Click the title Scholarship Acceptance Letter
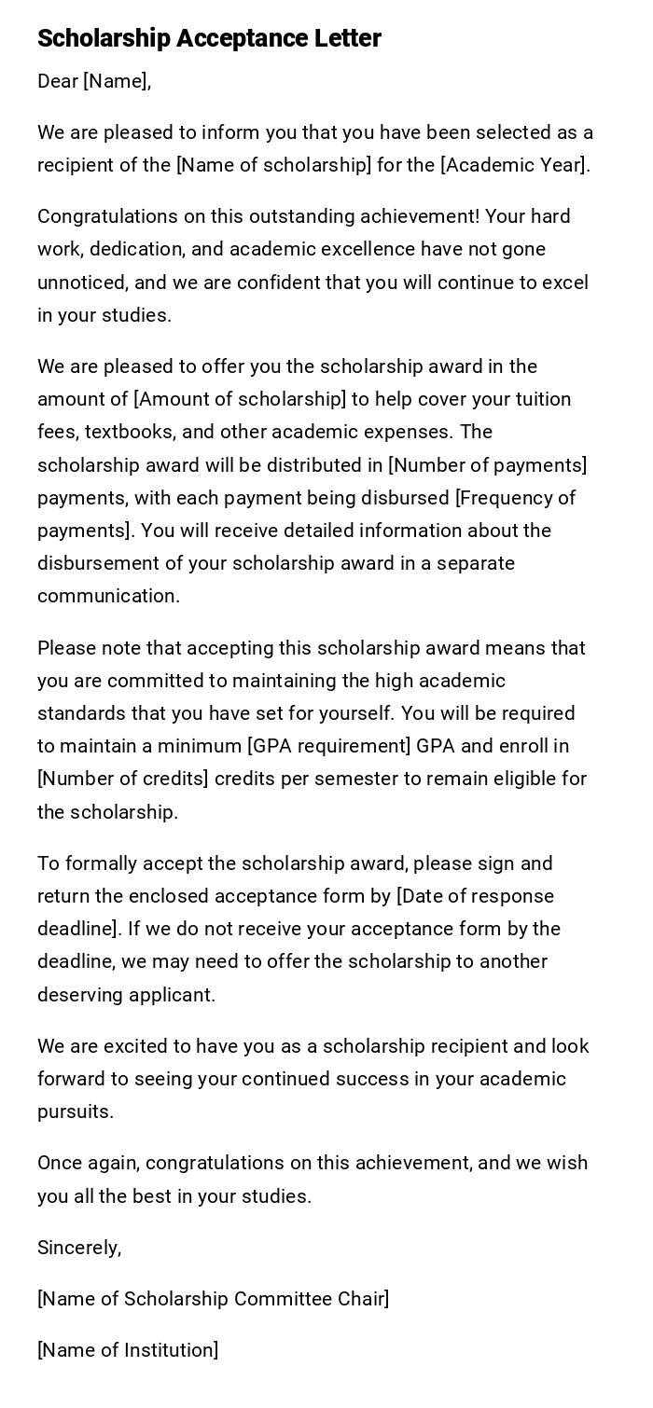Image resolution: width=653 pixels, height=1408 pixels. (209, 38)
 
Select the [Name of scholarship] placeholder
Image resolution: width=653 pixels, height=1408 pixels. (273, 165)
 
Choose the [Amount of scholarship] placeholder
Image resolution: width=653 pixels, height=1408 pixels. (240, 399)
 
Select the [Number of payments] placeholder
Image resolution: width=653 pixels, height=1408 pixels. (487, 464)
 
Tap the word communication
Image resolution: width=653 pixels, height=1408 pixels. (108, 596)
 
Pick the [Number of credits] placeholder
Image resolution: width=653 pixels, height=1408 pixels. (122, 779)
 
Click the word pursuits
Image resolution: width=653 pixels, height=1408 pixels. (75, 1111)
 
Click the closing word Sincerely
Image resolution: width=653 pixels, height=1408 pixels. (79, 1248)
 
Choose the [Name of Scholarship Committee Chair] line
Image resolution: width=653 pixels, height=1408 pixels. (213, 1299)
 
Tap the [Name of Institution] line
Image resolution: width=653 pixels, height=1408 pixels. (128, 1350)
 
